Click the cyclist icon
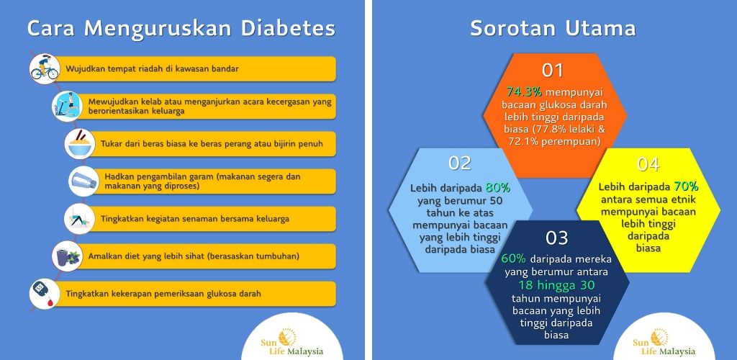[x=45, y=69]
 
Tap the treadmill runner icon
[x=67, y=107]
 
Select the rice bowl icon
[x=80, y=144]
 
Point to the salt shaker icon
[x=83, y=181]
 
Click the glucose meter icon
[x=45, y=294]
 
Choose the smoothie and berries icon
[x=67, y=256]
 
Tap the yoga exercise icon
[x=80, y=219]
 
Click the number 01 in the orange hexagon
[x=553, y=70]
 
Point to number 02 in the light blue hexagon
[x=460, y=163]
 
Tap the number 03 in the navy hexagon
[x=557, y=238]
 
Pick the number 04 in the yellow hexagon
[x=648, y=164]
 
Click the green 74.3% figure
[x=524, y=91]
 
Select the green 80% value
[x=498, y=188]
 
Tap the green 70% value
[x=686, y=186]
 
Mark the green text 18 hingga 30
[x=557, y=285]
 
